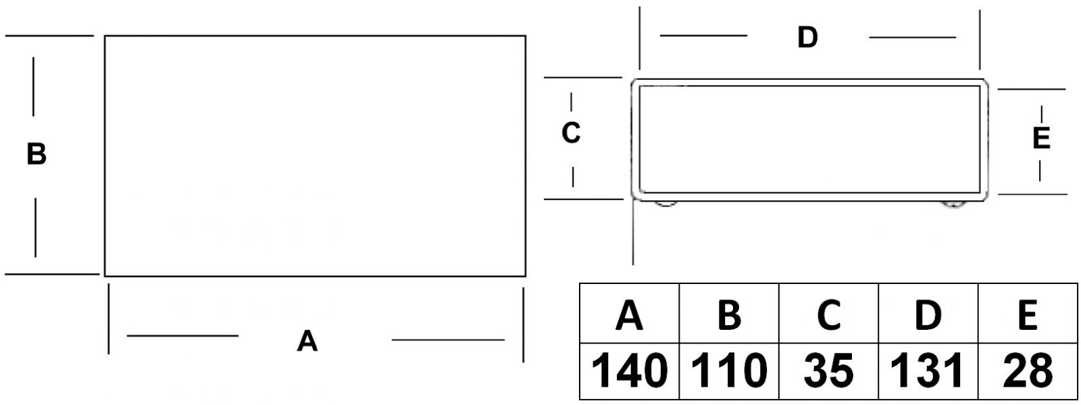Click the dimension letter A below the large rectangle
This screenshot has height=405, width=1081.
pos(307,341)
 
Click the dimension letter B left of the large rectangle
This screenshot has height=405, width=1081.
pos(36,154)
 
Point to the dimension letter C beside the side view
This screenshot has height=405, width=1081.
pos(571,133)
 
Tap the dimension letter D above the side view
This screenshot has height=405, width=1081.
pos(807,37)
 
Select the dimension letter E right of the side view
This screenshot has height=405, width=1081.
pos(1041,138)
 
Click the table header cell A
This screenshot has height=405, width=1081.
pos(629,314)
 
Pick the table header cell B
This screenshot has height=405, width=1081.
pos(729,314)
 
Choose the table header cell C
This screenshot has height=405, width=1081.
pos(828,314)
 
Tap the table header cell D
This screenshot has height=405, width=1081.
pos(928,314)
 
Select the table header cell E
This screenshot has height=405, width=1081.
pos(1028,314)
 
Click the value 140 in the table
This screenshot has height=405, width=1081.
pos(629,371)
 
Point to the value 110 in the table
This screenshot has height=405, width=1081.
pos(729,371)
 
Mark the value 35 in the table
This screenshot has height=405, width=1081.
pos(828,371)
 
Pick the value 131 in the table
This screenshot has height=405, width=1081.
pos(928,371)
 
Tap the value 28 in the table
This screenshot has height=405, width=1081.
pos(1028,371)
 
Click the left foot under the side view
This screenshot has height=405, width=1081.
pos(665,203)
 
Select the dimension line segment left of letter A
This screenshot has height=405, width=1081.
pos(182,335)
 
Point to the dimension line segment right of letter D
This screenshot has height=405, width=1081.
pos(912,38)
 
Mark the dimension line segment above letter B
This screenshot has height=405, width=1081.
pos(33,87)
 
